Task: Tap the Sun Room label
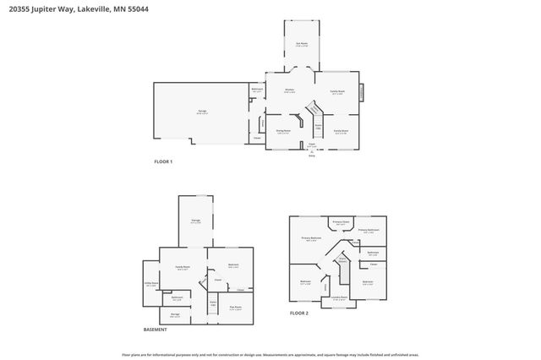click(x=300, y=44)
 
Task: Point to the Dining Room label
click(x=282, y=131)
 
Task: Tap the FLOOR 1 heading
click(x=162, y=161)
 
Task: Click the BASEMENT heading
click(x=155, y=330)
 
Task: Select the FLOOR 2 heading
click(x=300, y=313)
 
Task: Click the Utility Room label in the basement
click(x=151, y=284)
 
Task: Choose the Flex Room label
click(x=236, y=308)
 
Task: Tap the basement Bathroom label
click(x=178, y=297)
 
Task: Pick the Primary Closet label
click(x=340, y=222)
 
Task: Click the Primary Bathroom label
click(x=369, y=230)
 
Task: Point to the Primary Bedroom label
click(x=312, y=239)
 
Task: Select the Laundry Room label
click(x=339, y=297)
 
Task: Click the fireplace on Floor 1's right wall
click(x=362, y=92)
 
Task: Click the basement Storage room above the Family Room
click(x=195, y=222)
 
